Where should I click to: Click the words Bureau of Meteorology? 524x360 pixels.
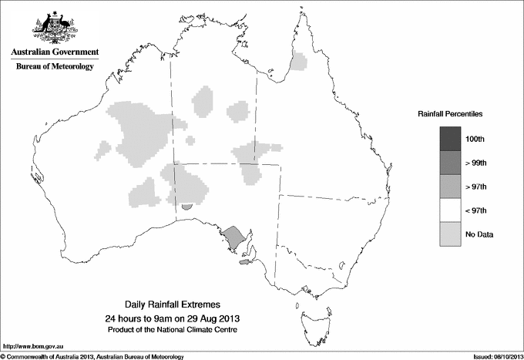pyautogui.click(x=55, y=66)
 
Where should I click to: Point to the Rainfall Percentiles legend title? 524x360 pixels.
pyautogui.click(x=450, y=113)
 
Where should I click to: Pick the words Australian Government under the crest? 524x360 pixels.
pyautogui.click(x=55, y=52)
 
